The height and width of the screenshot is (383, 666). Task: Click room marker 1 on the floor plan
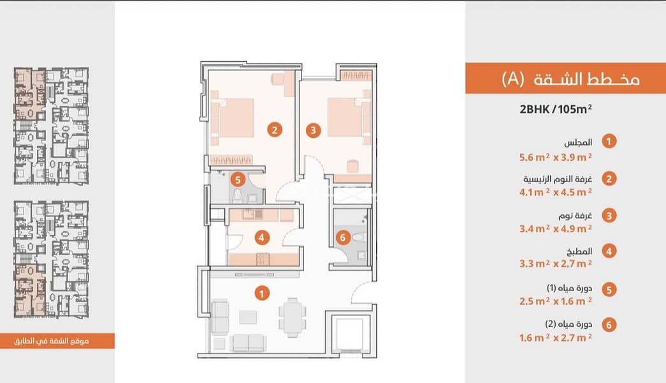(x=262, y=293)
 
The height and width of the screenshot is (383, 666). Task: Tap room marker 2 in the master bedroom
(x=275, y=130)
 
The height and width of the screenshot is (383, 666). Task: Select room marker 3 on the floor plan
(x=314, y=130)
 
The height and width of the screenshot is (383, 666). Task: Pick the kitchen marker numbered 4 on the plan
(x=262, y=237)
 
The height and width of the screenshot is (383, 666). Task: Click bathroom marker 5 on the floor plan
(x=238, y=179)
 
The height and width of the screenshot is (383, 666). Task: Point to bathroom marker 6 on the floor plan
(x=343, y=237)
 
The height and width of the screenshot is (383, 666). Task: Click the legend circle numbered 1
(x=609, y=141)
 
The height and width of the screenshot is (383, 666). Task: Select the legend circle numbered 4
(x=609, y=251)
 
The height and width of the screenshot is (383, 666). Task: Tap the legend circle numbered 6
(x=609, y=325)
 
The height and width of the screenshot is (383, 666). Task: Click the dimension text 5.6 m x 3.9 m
(x=556, y=157)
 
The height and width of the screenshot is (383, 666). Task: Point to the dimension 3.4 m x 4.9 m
(x=556, y=229)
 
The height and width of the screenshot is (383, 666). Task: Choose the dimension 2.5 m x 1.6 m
(x=556, y=301)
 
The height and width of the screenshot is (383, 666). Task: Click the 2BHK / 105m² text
(x=556, y=109)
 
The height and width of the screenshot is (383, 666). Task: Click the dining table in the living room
(x=293, y=317)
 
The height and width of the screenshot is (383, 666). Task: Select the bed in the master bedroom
(x=233, y=118)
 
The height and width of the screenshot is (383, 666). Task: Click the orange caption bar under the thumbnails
(x=57, y=341)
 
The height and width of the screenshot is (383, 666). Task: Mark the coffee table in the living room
(x=248, y=317)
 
